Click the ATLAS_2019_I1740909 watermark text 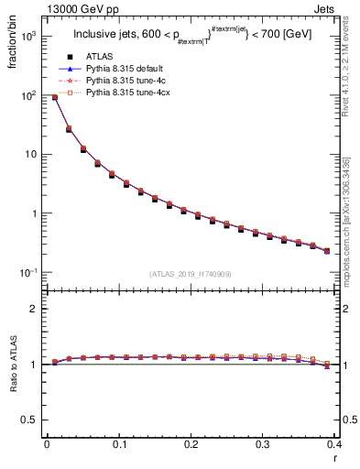pyautogui.click(x=191, y=275)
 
